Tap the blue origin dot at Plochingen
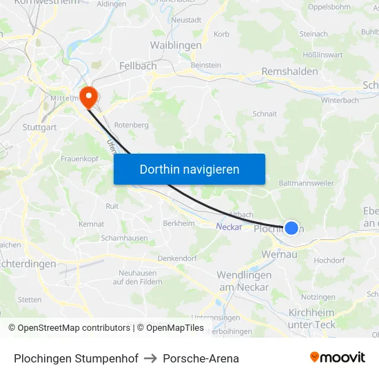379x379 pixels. pos(291,227)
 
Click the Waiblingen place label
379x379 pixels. pos(176,45)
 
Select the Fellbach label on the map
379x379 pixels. pos(138,65)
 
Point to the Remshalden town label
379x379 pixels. pos(289,72)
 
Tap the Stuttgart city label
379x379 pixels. pos(39,127)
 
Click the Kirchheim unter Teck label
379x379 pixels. pos(311,318)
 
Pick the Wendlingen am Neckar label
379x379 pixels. pos(244,280)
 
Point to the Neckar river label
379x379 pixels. pos(228,227)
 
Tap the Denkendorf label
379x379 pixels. pos(177,258)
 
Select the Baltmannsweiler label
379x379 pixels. pos(307,183)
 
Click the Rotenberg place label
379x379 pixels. pos(131,125)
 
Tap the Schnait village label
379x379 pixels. pos(265,114)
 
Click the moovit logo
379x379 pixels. pos(337,358)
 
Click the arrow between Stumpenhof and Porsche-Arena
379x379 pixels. pos(150,358)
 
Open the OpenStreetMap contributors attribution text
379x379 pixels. pos(69,328)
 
